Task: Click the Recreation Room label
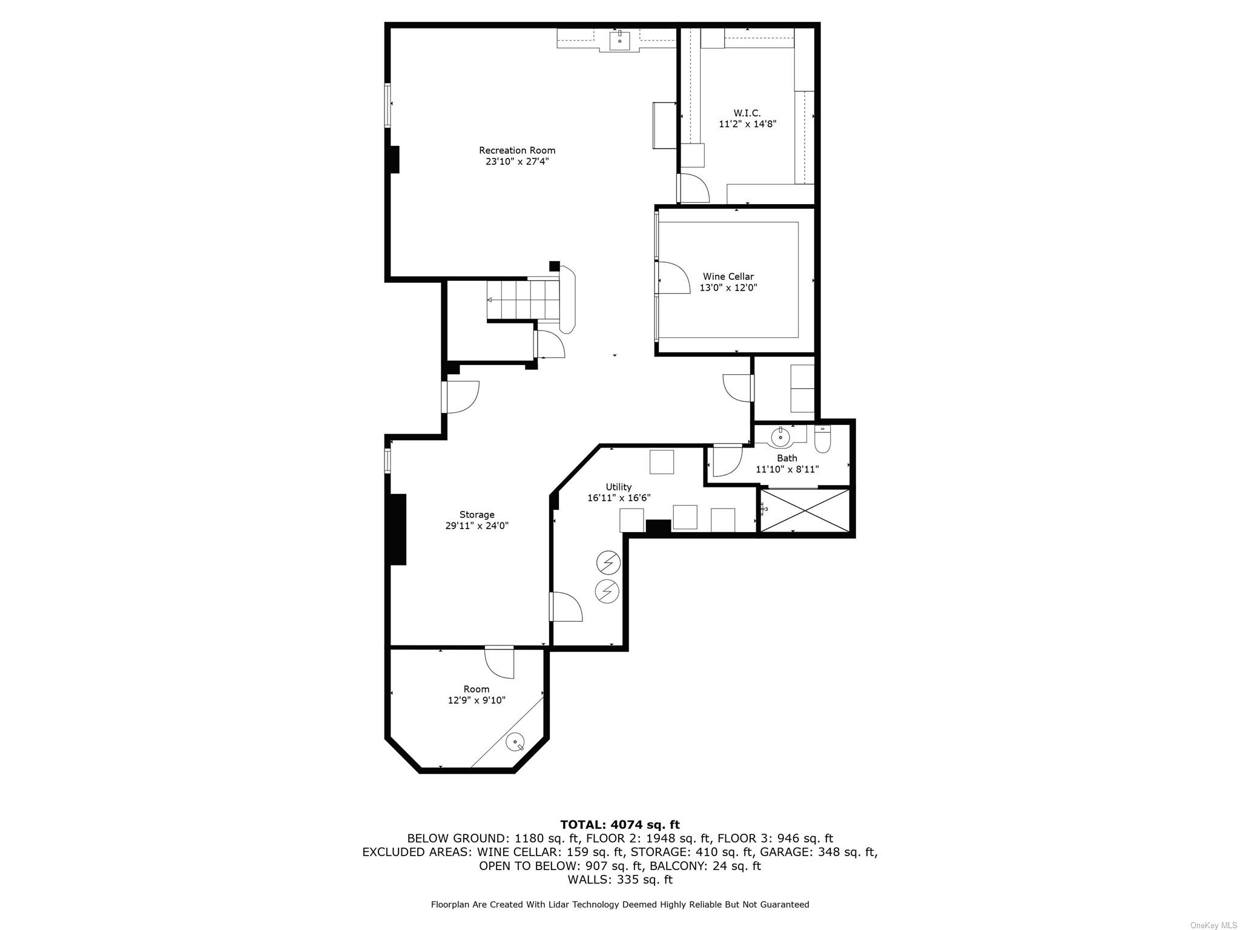point(516,150)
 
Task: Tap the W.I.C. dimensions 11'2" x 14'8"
point(747,124)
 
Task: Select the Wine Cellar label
point(728,277)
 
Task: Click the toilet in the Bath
point(823,440)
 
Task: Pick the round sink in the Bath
point(780,436)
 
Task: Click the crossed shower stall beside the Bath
point(805,512)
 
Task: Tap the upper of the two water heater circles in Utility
point(608,564)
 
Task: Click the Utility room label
point(618,487)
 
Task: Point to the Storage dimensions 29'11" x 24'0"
point(477,526)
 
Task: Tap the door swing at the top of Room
point(501,663)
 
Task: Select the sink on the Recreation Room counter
point(619,41)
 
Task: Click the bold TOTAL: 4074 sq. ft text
point(619,825)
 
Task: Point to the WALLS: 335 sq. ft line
point(619,879)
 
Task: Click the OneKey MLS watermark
point(1213,925)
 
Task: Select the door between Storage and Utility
point(566,607)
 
